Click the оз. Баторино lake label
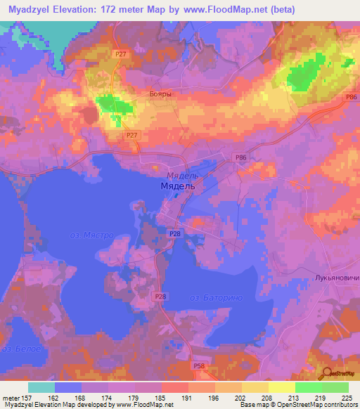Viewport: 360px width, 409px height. pyautogui.click(x=216, y=298)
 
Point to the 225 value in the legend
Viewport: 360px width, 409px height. pyautogui.click(x=344, y=396)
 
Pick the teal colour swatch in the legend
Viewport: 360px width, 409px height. pyautogui.click(x=41, y=387)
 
